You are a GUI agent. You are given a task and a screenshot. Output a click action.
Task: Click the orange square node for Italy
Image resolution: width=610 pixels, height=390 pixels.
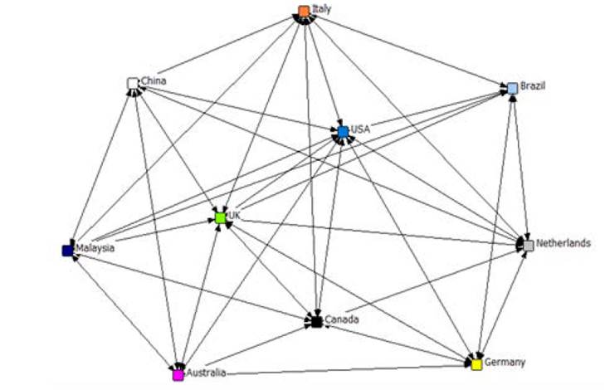pos(304,11)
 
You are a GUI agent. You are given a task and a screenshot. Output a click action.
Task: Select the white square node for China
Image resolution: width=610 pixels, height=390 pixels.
pos(132,83)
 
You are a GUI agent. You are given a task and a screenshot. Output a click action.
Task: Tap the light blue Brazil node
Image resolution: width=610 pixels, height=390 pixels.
pos(513,88)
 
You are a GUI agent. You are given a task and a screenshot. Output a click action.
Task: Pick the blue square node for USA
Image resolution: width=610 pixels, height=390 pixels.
pos(343,131)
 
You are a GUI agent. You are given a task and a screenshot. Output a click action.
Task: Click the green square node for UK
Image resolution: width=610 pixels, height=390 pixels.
pos(220,217)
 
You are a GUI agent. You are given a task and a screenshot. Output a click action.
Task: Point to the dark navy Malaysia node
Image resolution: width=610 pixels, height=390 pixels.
pos(67,250)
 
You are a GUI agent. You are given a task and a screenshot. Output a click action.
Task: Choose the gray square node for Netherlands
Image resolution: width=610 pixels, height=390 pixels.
pos(528,246)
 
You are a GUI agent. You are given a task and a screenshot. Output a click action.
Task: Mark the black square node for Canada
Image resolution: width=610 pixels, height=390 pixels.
pos(316,320)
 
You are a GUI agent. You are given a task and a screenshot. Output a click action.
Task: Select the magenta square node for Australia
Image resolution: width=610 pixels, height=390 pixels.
pos(178,374)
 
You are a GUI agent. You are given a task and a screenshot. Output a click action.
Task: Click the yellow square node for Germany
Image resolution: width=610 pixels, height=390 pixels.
pos(476,363)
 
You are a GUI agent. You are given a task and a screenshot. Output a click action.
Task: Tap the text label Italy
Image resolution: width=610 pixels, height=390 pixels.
pos(321,9)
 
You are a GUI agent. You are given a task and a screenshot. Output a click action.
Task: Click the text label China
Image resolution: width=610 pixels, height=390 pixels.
pos(154,81)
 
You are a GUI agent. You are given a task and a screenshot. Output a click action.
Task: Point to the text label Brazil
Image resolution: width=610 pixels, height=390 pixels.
pos(533,86)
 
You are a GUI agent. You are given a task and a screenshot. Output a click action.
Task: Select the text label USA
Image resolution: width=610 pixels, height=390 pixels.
pos(360,129)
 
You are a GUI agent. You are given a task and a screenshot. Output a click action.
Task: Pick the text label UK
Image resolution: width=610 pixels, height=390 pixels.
pos(234,216)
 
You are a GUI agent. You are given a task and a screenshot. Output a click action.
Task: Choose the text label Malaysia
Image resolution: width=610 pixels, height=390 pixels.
pos(95,247)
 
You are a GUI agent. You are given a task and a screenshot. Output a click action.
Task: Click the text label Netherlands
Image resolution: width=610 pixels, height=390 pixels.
pos(563,243)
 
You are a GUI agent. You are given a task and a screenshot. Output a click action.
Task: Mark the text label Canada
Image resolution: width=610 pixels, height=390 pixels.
pos(340,319)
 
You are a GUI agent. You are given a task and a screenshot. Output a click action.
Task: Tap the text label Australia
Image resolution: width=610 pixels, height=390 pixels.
pos(205,373)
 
